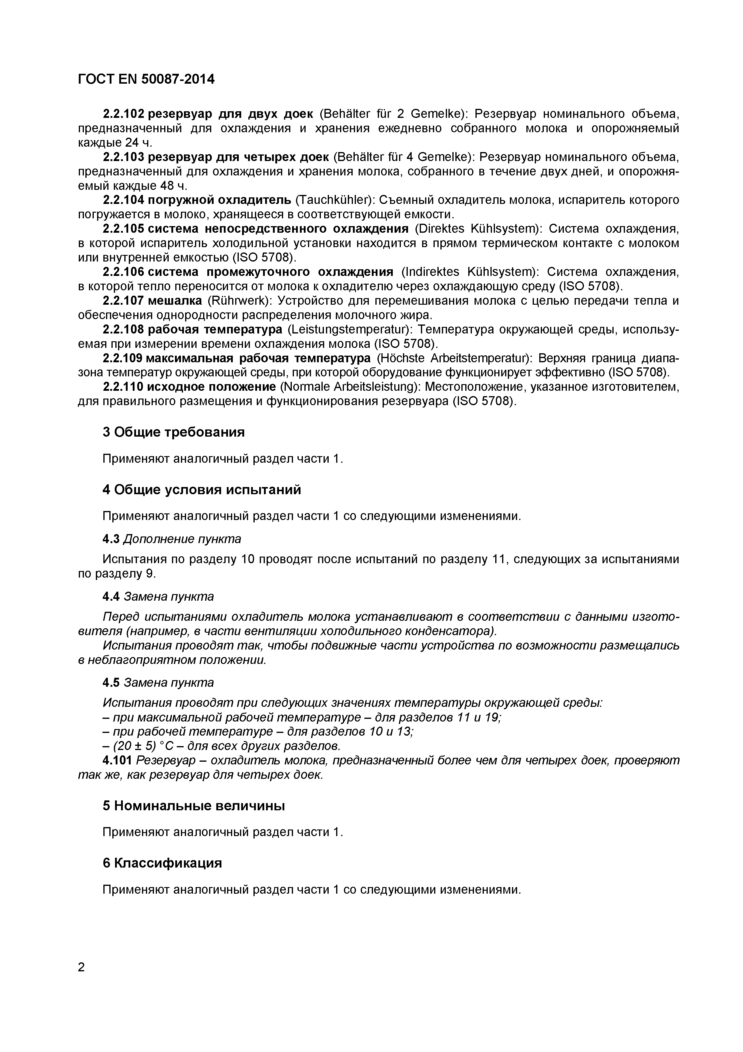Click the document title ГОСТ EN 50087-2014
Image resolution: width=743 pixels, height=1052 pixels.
[146, 79]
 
